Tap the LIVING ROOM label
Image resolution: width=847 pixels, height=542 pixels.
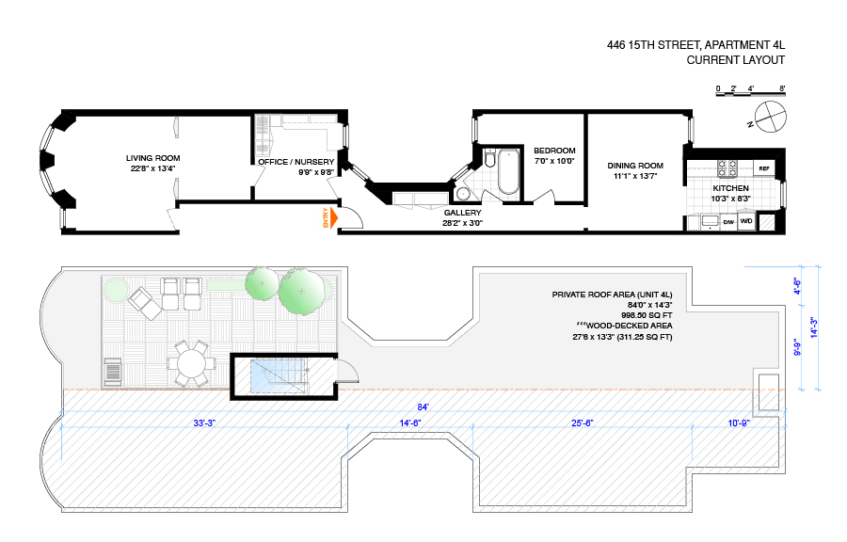pos(153,158)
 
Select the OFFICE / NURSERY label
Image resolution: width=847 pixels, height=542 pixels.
pos(296,161)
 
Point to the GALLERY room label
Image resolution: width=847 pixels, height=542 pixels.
pos(463,213)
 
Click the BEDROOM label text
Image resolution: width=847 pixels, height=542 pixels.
pos(554,151)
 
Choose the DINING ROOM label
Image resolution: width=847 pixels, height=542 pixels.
pos(635,165)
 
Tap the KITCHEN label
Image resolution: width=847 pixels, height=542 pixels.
pos(730,188)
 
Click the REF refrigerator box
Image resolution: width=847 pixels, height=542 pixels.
pos(763,169)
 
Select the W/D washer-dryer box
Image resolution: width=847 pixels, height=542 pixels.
pos(746,222)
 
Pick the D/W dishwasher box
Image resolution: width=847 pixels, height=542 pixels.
pos(728,222)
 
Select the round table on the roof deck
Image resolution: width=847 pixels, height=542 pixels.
pos(192,361)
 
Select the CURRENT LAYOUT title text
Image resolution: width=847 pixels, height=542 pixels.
pos(735,60)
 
